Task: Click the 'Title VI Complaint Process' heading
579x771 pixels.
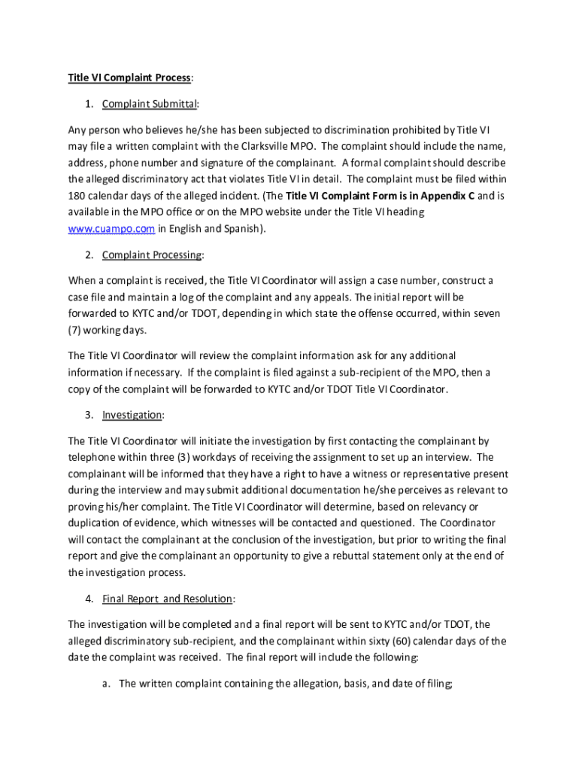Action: tap(129, 78)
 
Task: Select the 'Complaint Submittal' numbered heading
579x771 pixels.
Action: tap(149, 104)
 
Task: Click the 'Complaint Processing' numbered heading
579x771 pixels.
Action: tap(152, 254)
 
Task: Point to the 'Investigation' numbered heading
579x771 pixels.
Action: tap(132, 415)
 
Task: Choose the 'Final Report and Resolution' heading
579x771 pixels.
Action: tap(167, 599)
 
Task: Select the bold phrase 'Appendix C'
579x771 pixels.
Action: tap(448, 196)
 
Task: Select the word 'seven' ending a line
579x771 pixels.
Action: tap(486, 313)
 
